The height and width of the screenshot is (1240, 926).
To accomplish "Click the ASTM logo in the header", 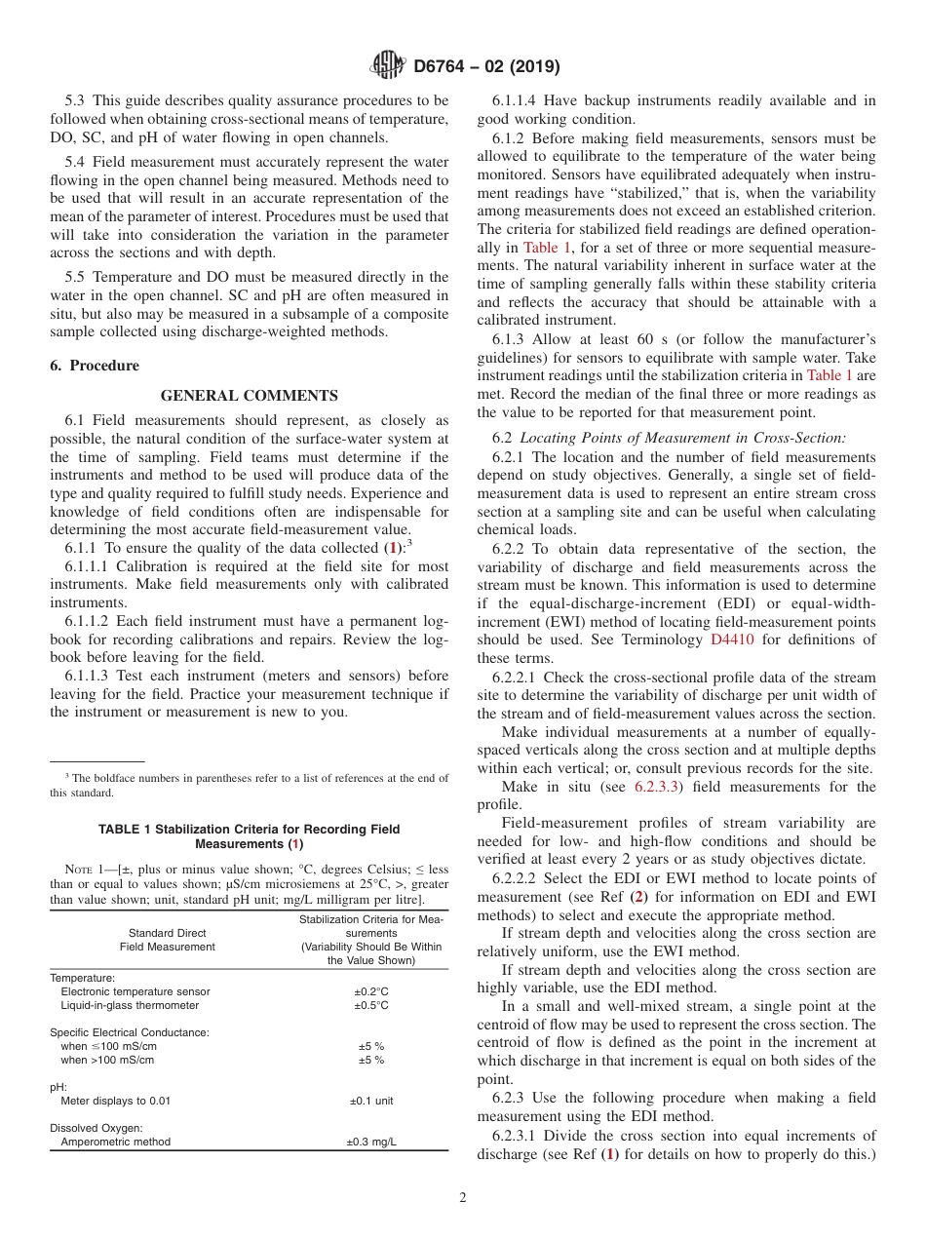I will click(x=388, y=65).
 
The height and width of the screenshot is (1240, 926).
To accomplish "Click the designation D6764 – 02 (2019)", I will click(x=486, y=66).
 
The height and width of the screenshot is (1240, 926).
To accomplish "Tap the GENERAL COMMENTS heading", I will click(x=249, y=396).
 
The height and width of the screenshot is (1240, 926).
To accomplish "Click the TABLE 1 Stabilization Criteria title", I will click(x=249, y=836).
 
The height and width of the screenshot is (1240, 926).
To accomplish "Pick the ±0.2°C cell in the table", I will click(x=370, y=991).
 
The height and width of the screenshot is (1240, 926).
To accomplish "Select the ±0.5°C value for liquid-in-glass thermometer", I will click(x=370, y=1005).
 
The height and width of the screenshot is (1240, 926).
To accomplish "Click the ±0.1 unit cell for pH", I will click(x=370, y=1101).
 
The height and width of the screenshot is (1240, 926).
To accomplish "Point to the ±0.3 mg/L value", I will click(x=370, y=1142).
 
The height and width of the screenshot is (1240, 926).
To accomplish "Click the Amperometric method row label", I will click(x=115, y=1142).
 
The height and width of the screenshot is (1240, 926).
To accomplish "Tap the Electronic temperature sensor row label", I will click(x=135, y=991).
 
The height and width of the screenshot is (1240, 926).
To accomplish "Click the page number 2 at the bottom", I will click(x=462, y=1198).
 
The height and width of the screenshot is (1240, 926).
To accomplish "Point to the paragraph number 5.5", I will click(x=77, y=277).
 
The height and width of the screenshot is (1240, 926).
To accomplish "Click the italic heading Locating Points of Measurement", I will click(x=682, y=438).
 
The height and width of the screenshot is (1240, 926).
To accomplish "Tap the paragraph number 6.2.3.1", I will click(x=517, y=1136).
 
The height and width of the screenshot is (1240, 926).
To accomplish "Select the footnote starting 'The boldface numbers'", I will click(x=249, y=785).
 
